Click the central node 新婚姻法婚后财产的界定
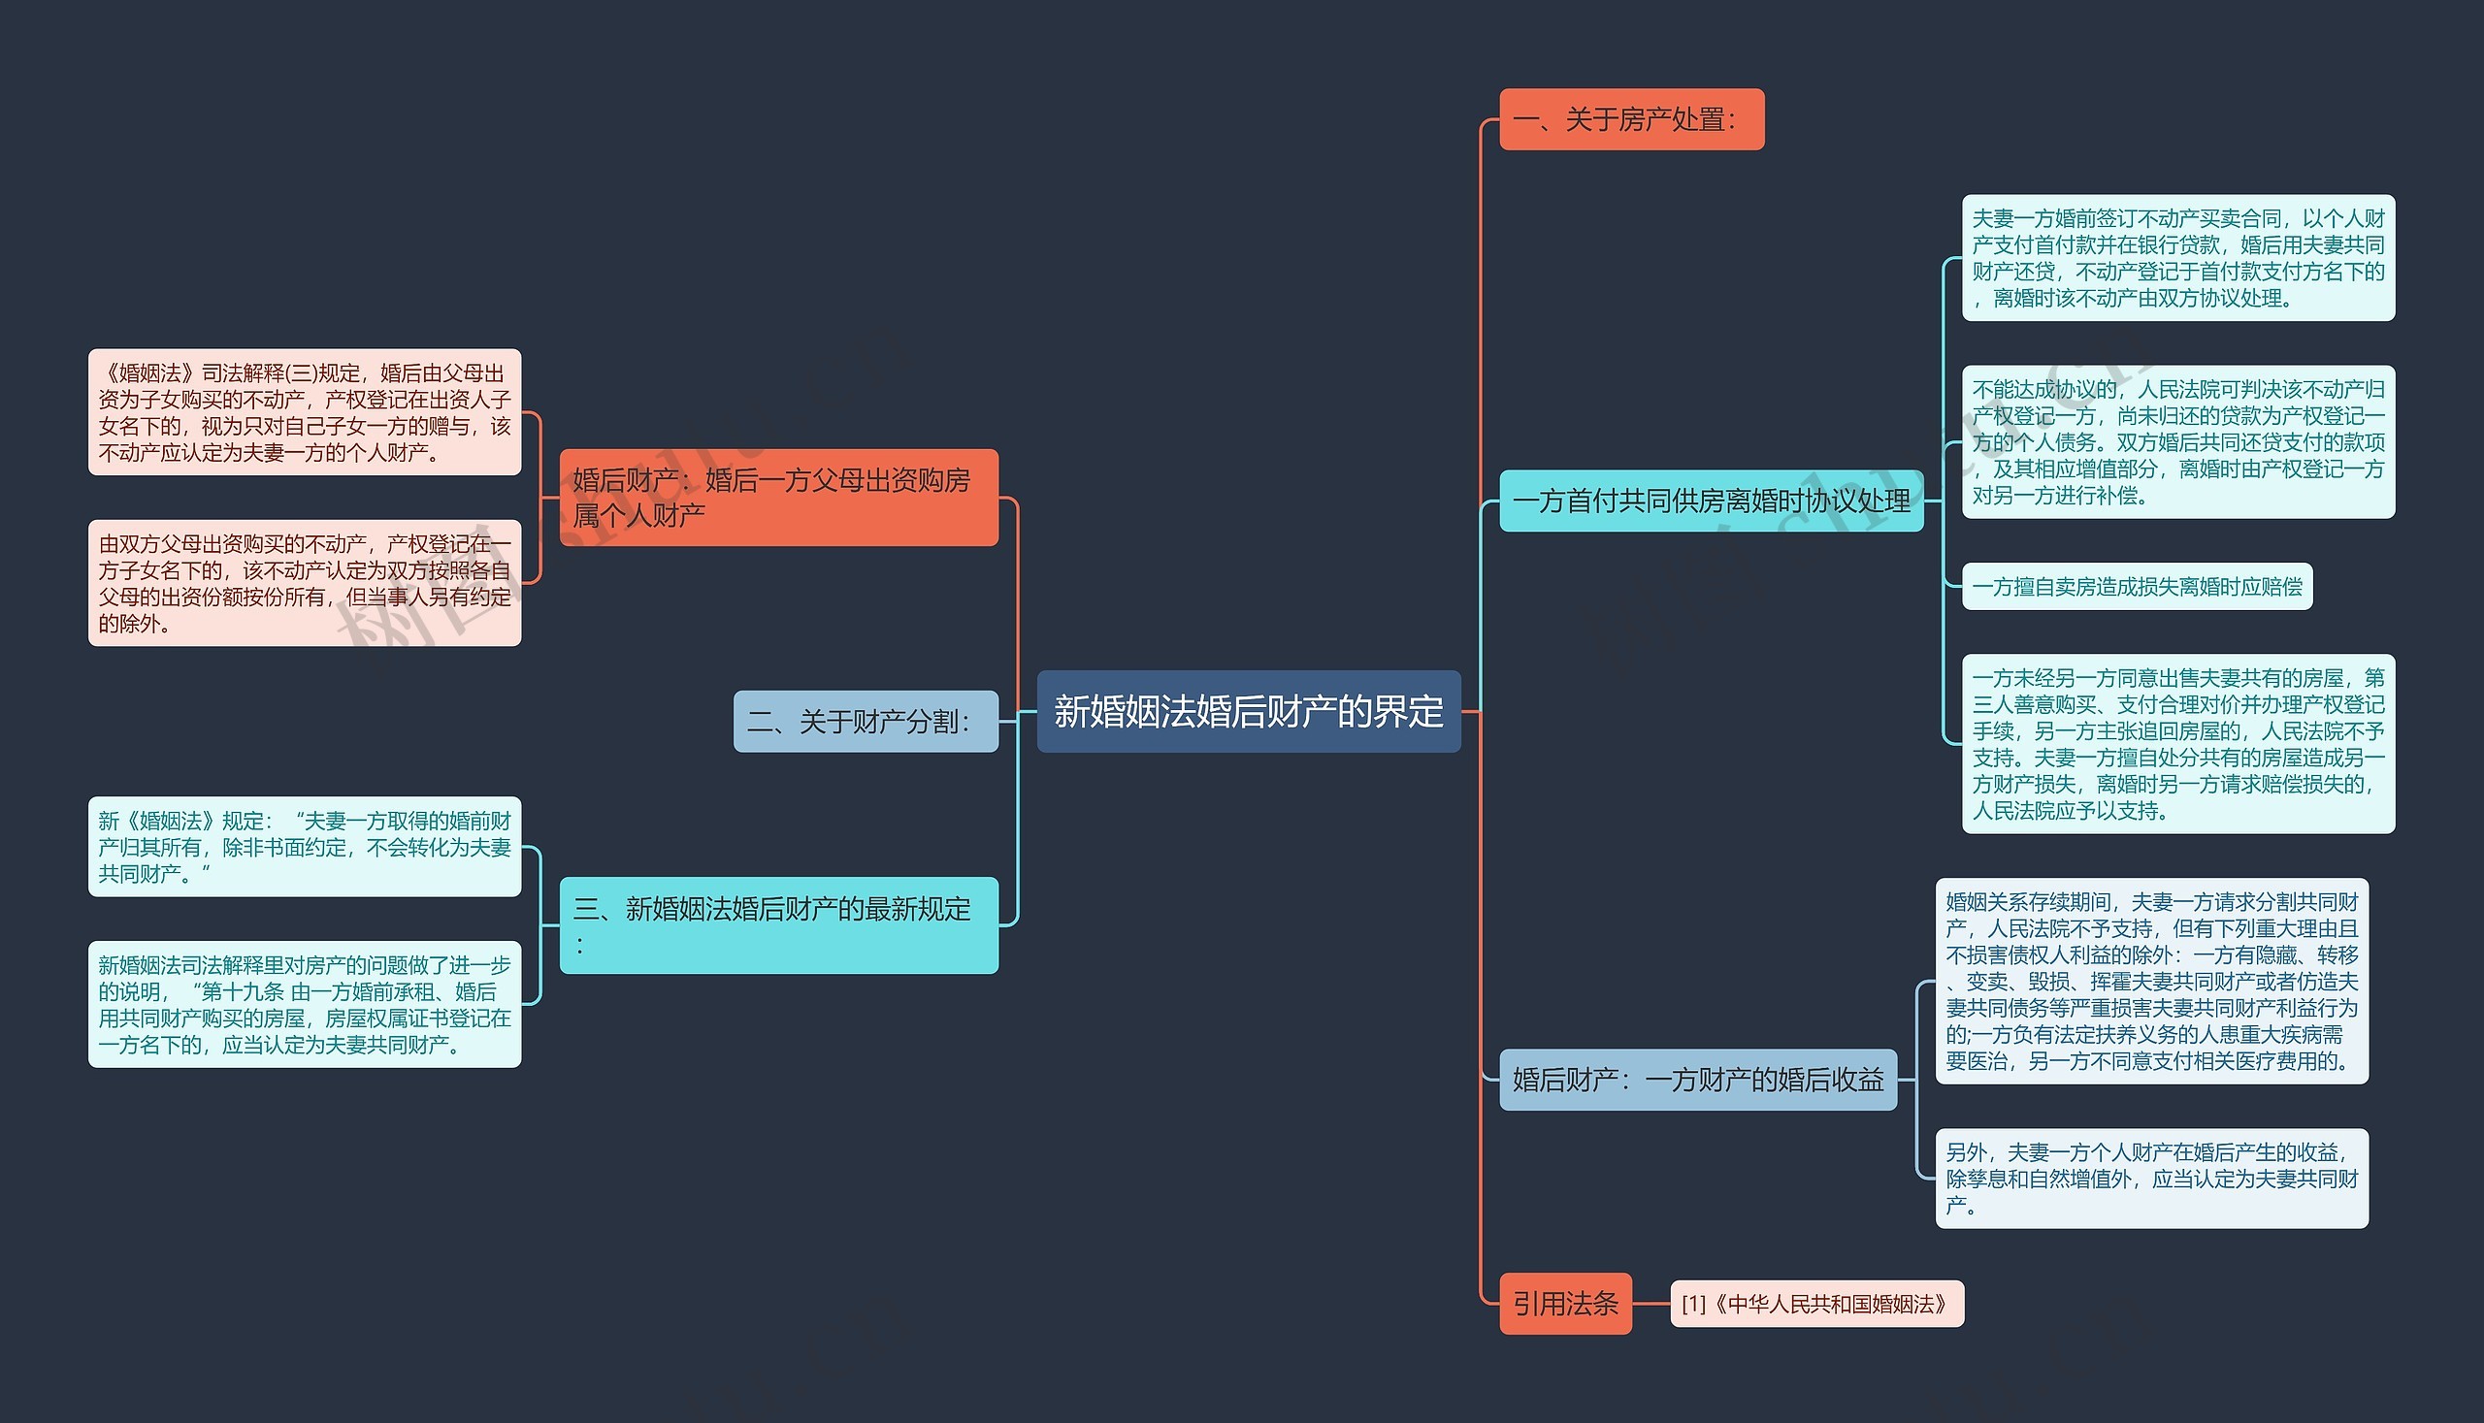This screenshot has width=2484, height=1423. pos(1249,712)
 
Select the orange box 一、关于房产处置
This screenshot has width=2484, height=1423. pos(1631,119)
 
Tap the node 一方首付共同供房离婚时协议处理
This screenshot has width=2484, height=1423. pos(1711,501)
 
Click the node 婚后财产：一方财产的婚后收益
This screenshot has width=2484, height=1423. pos(1698,1079)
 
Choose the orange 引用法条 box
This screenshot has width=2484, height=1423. pos(1565,1303)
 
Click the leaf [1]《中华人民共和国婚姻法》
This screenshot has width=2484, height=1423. pos(1816,1304)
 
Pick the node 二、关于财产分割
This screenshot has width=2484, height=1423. pos(866,722)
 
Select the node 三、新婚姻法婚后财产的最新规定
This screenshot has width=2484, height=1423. pos(778,924)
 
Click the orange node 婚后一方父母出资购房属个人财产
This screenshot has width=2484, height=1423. pos(778,498)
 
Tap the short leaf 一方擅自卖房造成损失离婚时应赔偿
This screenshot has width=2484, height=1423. pos(2137,587)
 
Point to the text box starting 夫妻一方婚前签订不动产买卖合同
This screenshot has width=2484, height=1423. pos(2178,258)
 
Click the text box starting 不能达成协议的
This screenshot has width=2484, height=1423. pos(2178,441)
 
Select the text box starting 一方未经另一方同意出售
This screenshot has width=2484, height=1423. pos(2178,744)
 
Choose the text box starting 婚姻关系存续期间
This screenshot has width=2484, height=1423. pos(2151,982)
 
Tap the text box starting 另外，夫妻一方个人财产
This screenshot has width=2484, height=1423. pos(2151,1179)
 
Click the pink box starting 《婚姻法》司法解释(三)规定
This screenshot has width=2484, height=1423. pos(304,412)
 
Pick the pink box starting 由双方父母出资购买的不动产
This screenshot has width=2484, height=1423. pos(304,584)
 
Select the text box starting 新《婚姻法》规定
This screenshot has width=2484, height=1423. pos(304,847)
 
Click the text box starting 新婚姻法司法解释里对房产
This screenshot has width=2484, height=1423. pos(304,1004)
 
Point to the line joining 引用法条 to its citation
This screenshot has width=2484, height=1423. pos(1651,1304)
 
